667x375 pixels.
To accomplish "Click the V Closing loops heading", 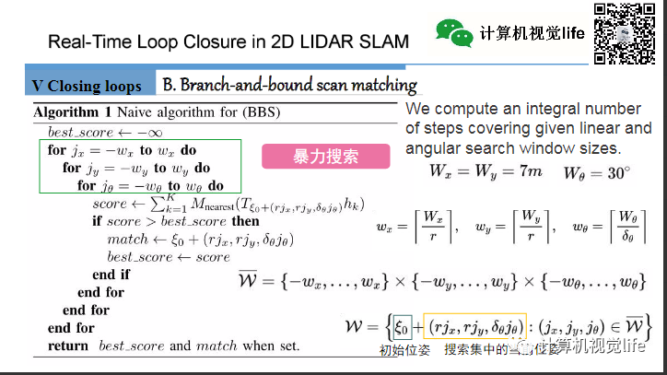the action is pos(87,86).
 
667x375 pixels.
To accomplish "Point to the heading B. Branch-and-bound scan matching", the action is pos(289,85).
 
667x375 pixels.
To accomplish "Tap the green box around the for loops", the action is pos(142,167).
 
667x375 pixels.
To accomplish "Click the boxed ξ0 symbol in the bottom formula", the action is pos(400,325).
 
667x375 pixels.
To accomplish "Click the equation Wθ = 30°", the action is pos(597,172).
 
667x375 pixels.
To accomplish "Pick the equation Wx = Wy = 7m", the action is pos(486,172).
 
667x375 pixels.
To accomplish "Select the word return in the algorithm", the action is pos(68,346).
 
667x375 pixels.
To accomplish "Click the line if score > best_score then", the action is pos(176,221).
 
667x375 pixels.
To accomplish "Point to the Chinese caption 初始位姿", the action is pos(404,351).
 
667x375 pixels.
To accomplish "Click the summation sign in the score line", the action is pos(159,204).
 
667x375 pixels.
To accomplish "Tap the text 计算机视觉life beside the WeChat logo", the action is pos(532,33).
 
